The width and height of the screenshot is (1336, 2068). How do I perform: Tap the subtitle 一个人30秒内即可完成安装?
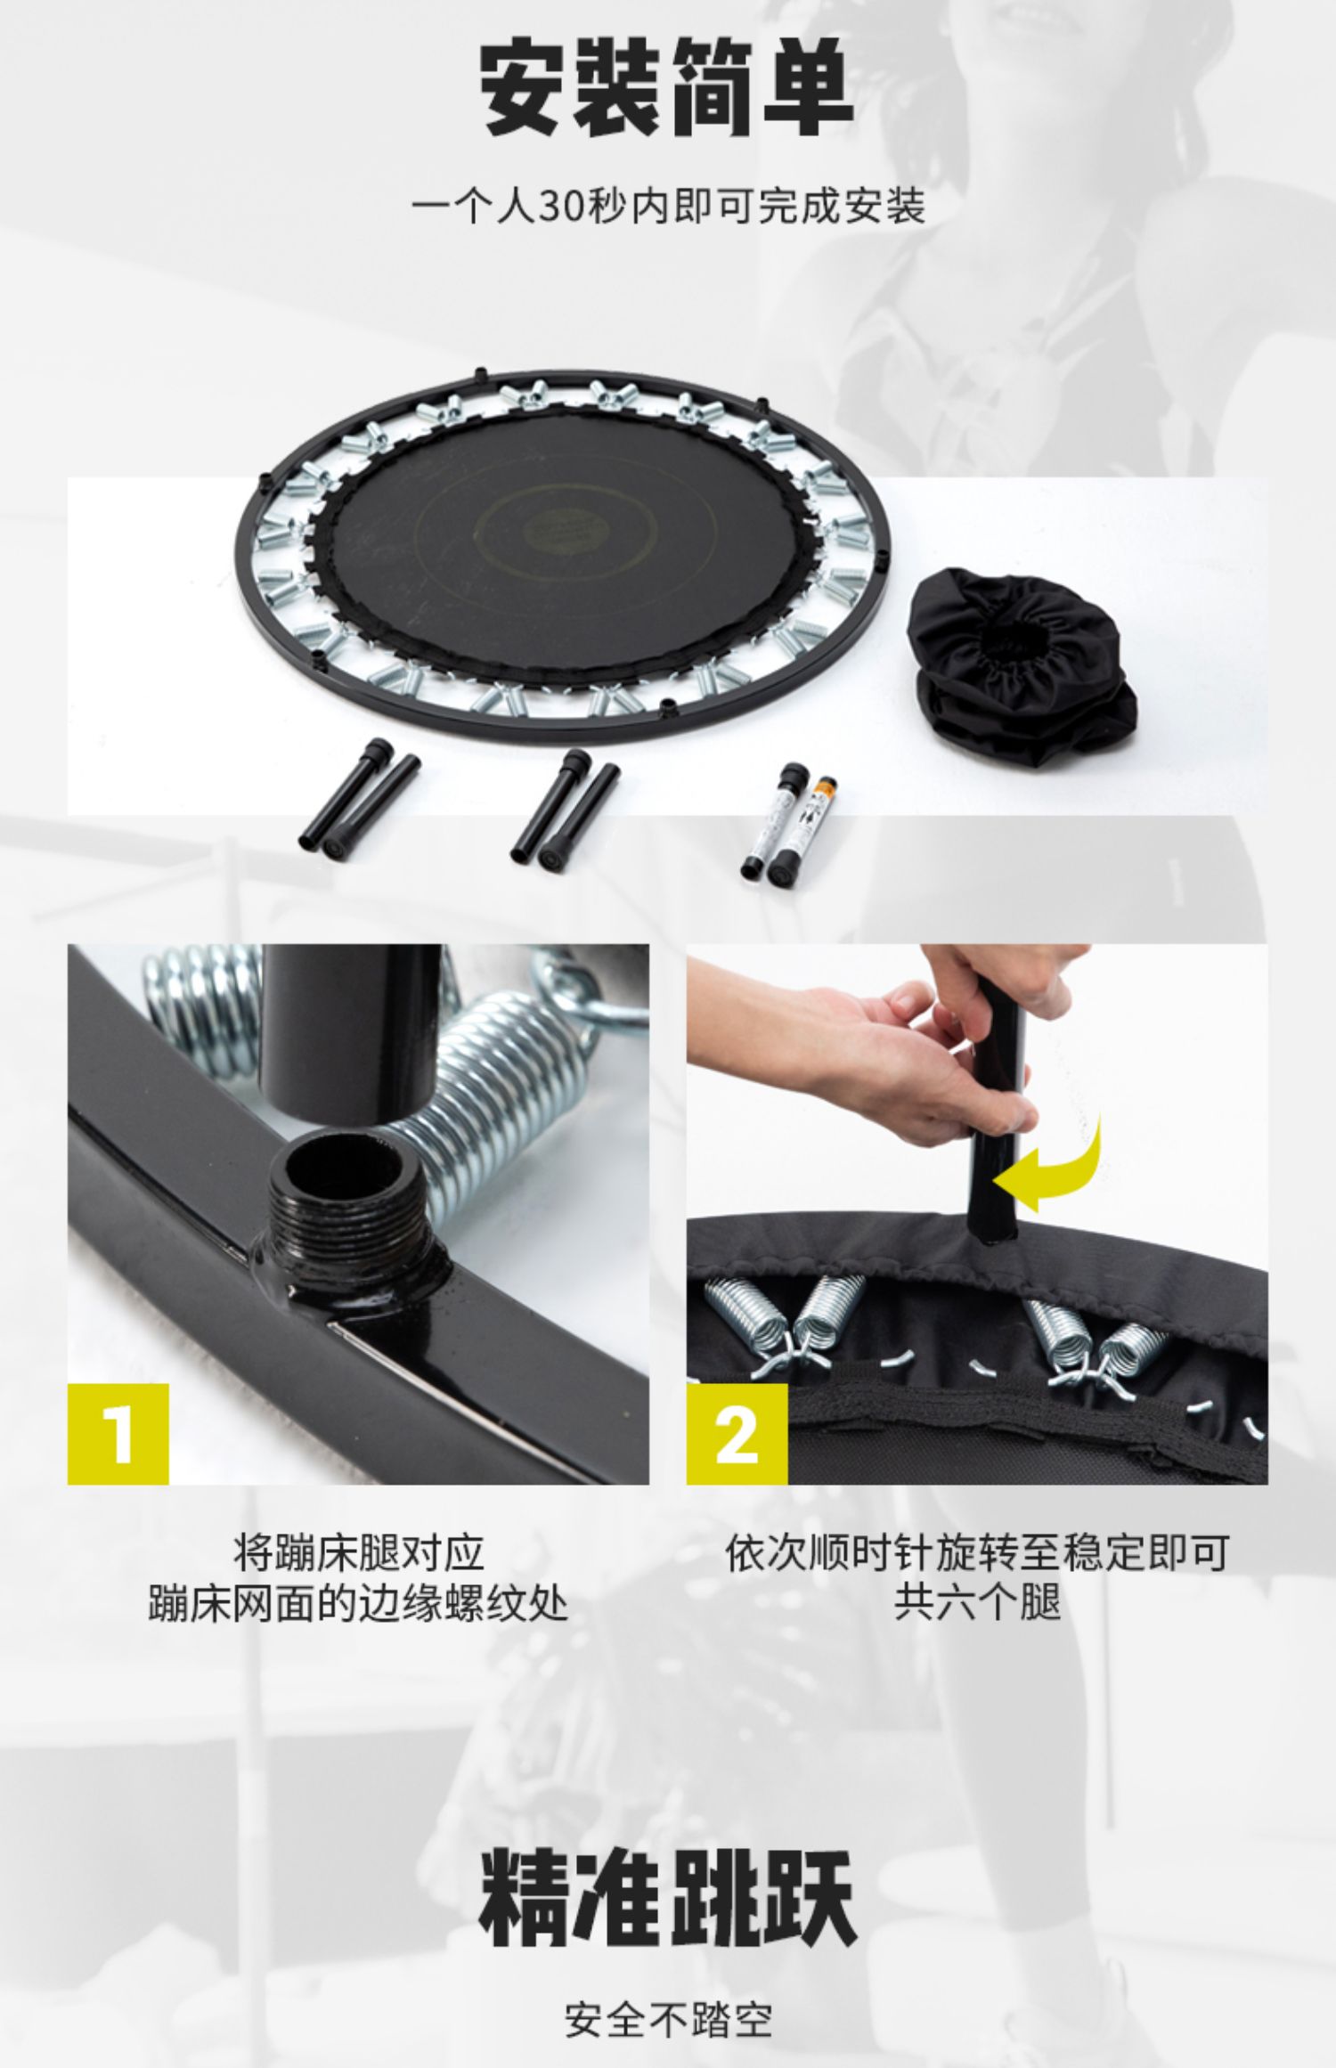[x=668, y=207]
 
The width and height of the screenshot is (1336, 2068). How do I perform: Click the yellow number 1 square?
[x=118, y=1434]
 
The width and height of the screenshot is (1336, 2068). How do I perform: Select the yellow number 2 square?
[x=737, y=1434]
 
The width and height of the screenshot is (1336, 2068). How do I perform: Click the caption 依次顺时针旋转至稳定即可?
[x=977, y=1552]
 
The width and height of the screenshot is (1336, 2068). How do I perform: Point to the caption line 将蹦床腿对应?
[x=359, y=1552]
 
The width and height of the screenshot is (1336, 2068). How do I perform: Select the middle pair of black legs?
[x=565, y=806]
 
